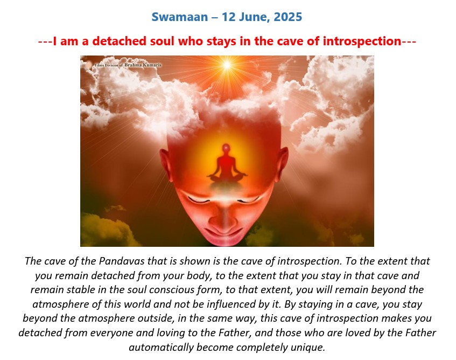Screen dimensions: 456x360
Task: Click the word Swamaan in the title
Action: click(x=180, y=17)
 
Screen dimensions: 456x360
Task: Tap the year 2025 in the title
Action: click(x=288, y=17)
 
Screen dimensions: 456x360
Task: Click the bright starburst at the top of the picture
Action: click(x=227, y=65)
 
